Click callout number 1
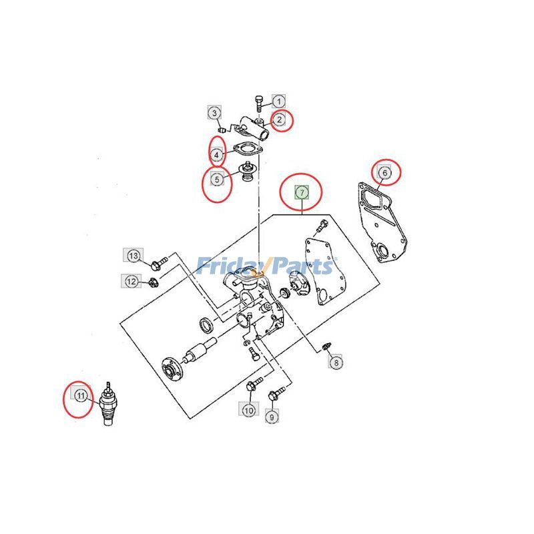(278, 101)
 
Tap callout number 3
(215, 113)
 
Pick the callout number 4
(217, 156)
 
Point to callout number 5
(217, 179)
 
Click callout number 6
(384, 173)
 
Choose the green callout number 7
(302, 192)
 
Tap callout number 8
(336, 362)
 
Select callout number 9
(272, 417)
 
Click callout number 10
(248, 411)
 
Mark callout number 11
(80, 396)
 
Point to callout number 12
(131, 282)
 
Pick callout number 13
(133, 256)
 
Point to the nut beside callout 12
(154, 280)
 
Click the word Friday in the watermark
(226, 267)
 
